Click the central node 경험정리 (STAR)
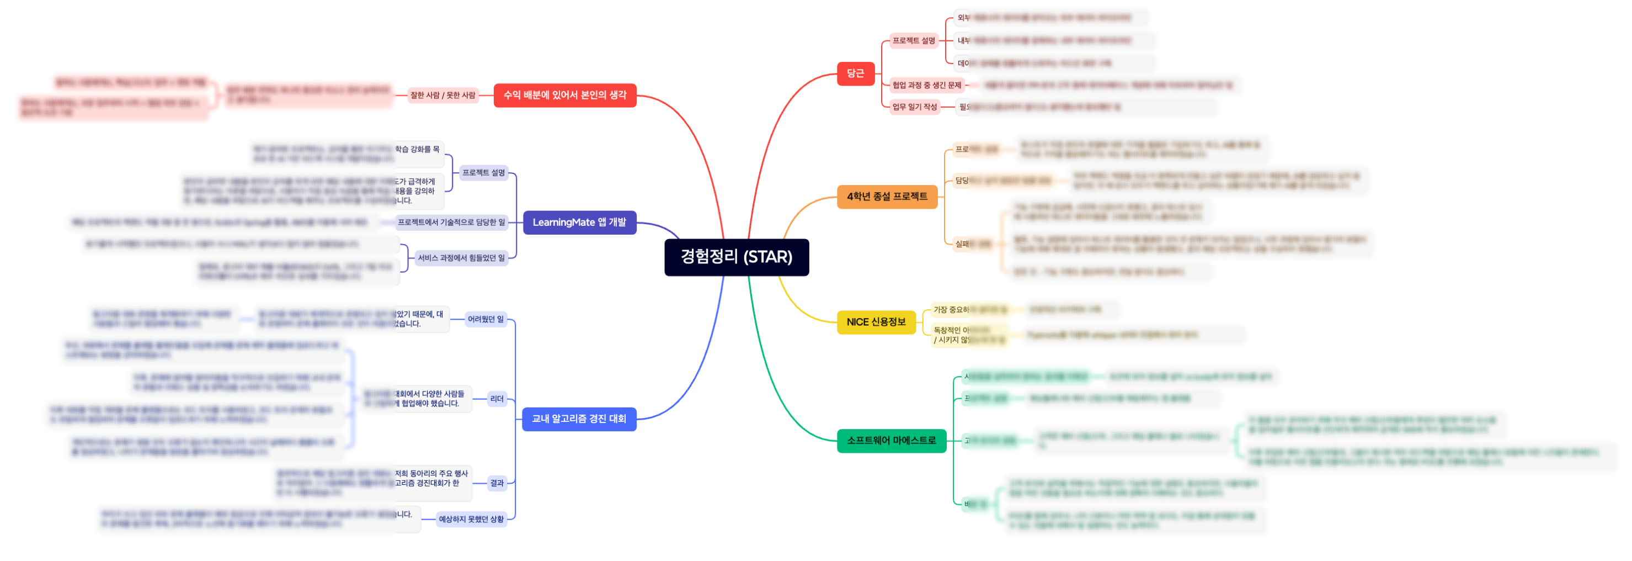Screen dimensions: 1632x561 coord(736,257)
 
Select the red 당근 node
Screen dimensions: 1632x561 coord(855,73)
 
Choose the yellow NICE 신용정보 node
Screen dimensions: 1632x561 coord(876,322)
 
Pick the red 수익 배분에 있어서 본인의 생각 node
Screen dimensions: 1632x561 coord(564,95)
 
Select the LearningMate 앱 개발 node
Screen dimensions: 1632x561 coord(579,223)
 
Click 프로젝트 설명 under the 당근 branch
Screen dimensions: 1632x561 coord(913,40)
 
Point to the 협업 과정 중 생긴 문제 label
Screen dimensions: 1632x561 coord(926,85)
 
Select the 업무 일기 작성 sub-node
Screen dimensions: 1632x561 coord(914,107)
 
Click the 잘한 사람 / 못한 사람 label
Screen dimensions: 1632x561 coord(442,95)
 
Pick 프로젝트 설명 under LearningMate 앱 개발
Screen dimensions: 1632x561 coord(483,172)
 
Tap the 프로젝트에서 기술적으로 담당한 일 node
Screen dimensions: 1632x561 coord(451,223)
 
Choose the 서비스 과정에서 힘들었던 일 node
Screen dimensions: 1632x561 coord(461,258)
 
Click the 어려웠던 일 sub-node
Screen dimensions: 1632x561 coord(486,320)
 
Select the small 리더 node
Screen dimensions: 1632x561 coord(497,399)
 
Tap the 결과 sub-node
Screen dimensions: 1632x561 coord(497,483)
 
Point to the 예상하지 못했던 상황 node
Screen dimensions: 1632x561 coord(471,519)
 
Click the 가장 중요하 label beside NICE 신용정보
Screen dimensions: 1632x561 coord(951,310)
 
